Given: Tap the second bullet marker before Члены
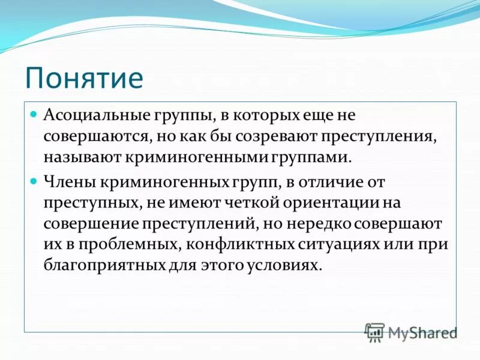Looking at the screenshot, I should click(x=34, y=180).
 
